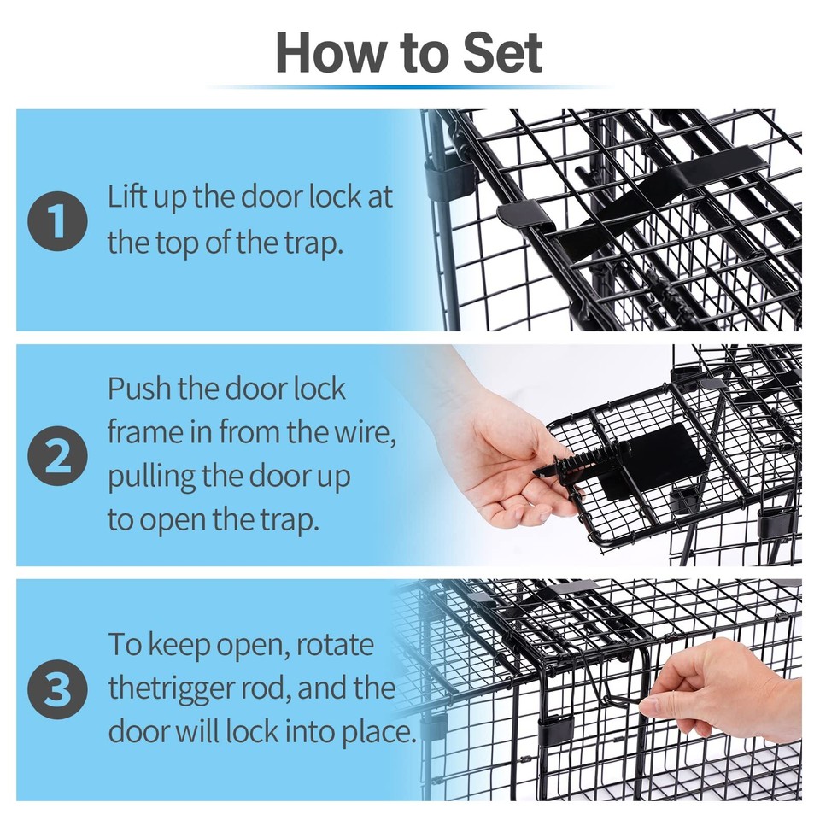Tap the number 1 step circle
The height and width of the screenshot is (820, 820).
coord(57,220)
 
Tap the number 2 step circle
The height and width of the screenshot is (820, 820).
coord(57,455)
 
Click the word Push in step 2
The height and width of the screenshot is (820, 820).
coord(139,389)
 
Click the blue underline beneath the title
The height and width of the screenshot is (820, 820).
coord(409,87)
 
